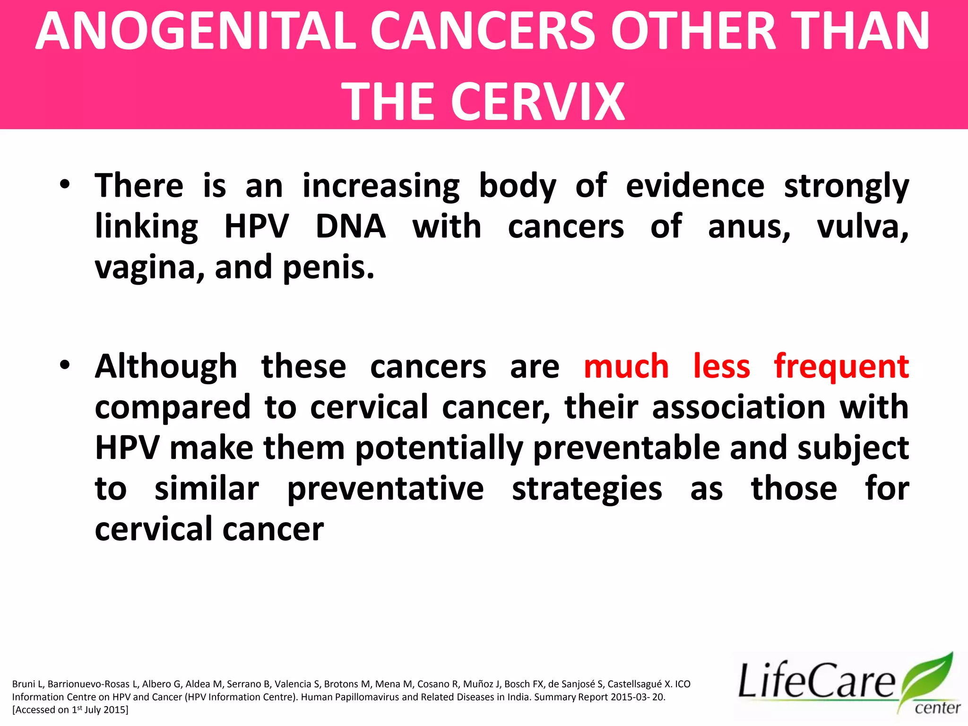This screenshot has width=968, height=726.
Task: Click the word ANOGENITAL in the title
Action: click(195, 32)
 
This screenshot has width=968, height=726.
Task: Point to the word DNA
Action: click(350, 226)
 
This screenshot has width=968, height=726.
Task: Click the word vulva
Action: click(862, 226)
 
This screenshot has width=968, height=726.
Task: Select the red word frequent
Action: click(841, 366)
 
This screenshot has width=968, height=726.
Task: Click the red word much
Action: click(626, 366)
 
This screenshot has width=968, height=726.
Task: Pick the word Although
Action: click(166, 366)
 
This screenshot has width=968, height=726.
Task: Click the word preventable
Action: click(627, 448)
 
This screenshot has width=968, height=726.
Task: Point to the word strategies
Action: click(587, 489)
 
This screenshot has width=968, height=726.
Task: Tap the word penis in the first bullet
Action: click(328, 268)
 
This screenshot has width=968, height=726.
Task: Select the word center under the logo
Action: click(937, 708)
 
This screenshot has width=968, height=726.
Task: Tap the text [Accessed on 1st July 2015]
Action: click(70, 709)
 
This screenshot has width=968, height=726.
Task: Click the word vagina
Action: click(149, 268)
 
